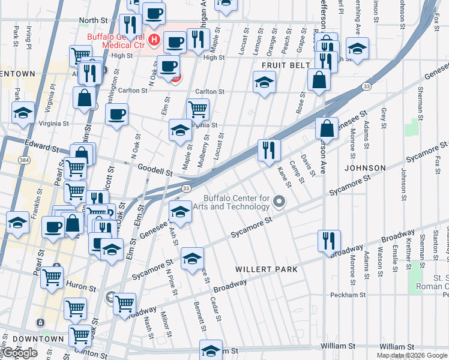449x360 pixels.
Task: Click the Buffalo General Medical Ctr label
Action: tap(116, 41)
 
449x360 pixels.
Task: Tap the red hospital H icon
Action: tap(154, 41)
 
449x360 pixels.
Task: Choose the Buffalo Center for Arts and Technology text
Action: tap(237, 203)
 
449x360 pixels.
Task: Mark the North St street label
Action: tap(92, 20)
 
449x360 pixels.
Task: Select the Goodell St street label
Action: tap(155, 170)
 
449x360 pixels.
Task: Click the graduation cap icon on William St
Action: tap(211, 350)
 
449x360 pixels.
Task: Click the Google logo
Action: tap(20, 353)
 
